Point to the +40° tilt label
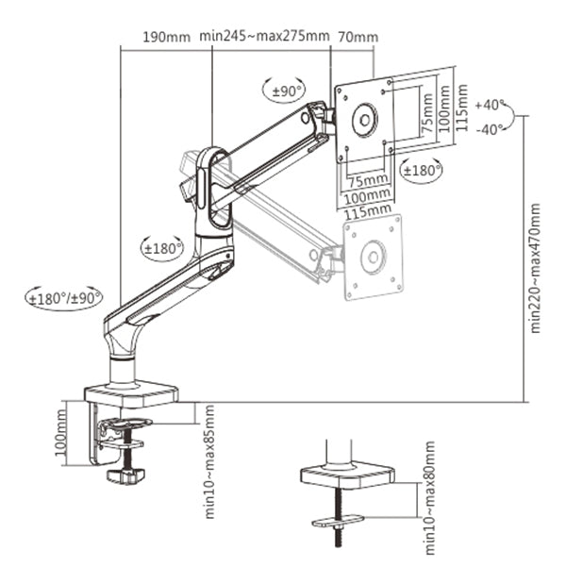(x=491, y=104)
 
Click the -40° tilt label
(x=491, y=129)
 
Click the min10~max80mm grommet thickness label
(x=429, y=498)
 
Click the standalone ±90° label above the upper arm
(x=285, y=92)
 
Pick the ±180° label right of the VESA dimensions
(x=421, y=170)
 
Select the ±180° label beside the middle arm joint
(x=162, y=248)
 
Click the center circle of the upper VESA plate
(x=363, y=121)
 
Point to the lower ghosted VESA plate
(x=374, y=257)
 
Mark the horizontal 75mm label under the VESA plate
(x=367, y=180)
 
